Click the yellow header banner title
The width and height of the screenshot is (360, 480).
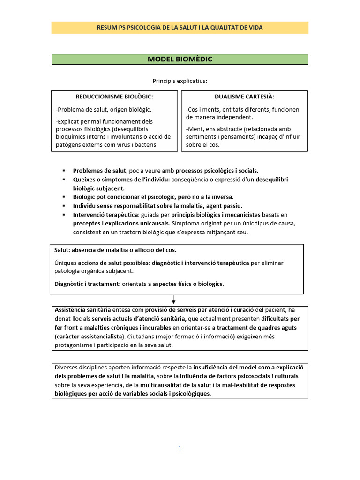pos(180,28)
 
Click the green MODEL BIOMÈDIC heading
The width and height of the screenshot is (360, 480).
pos(180,59)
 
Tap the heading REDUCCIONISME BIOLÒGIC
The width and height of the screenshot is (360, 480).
pos(114,97)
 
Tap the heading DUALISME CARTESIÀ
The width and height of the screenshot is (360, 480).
pos(244,97)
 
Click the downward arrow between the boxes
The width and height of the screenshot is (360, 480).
pos(173,300)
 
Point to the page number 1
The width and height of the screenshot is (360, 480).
pos(180,448)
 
